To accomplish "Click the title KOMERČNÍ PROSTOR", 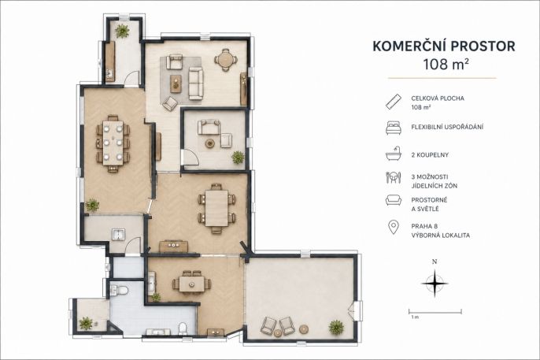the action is (444, 46).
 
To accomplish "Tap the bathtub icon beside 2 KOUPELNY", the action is (394, 154).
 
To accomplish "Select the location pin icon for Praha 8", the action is (394, 228).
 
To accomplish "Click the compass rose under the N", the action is (435, 284).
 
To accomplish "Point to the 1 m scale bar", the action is (435, 312).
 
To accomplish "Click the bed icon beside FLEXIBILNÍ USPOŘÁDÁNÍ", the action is (394, 127).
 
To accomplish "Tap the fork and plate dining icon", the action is (394, 177).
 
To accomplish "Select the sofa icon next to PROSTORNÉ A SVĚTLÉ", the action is (394, 200).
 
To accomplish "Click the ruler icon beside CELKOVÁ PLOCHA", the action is (394, 102).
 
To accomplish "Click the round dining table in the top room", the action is (226, 60).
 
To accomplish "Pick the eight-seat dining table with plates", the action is (113, 143).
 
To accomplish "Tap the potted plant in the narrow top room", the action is (122, 32).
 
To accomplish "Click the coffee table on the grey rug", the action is (176, 84).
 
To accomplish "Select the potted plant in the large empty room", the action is (336, 327).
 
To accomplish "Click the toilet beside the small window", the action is (120, 291).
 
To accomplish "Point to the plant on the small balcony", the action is (86, 324).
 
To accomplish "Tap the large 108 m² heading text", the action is (446, 64).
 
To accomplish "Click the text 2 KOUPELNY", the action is (430, 155).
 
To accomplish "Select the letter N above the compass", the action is (435, 262).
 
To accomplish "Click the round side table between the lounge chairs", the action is (278, 333).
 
